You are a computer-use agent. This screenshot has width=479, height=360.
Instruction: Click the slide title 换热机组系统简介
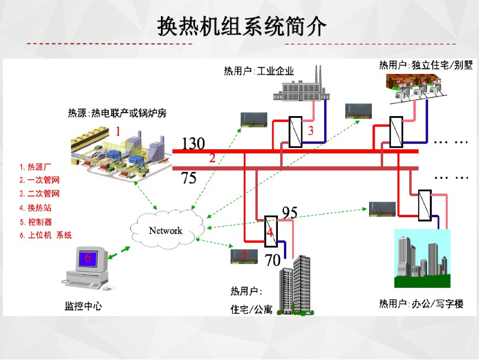pos(242,27)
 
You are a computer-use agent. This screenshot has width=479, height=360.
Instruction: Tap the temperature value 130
pos(193,143)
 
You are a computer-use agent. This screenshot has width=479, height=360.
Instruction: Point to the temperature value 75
pos(189,178)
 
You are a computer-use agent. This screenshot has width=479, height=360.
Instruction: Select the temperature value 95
pos(290,212)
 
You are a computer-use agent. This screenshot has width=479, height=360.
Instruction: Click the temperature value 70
pos(273,260)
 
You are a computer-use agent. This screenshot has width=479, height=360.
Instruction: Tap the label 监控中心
pos(83,306)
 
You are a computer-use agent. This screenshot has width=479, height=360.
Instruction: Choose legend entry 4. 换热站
pos(36,208)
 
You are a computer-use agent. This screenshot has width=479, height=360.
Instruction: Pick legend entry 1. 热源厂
pos(36,167)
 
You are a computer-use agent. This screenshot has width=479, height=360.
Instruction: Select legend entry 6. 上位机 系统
pos(46,235)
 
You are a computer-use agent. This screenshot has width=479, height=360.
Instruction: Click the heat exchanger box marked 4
pos(271,231)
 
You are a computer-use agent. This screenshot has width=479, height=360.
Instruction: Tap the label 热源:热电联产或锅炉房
pos(117,113)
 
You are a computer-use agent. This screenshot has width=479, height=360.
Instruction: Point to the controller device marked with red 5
pos(244,256)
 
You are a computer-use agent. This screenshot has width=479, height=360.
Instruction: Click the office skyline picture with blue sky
pos(422,258)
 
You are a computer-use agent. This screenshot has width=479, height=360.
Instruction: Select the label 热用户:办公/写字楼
pos(421,304)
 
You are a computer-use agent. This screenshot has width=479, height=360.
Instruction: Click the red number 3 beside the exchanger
pos(311,131)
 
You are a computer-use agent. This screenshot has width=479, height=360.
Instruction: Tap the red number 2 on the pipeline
pos(212,158)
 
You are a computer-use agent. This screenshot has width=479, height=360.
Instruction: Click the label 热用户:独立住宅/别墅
pos(426,65)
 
